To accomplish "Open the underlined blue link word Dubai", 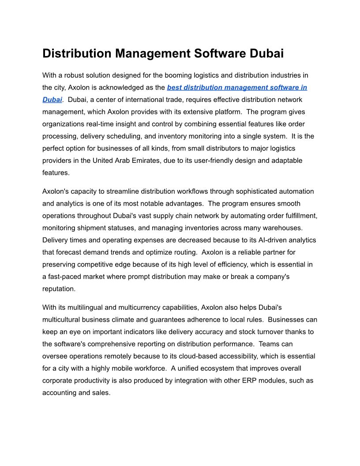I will point(52,100).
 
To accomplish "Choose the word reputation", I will point(59,289).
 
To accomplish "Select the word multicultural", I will point(62,319).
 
